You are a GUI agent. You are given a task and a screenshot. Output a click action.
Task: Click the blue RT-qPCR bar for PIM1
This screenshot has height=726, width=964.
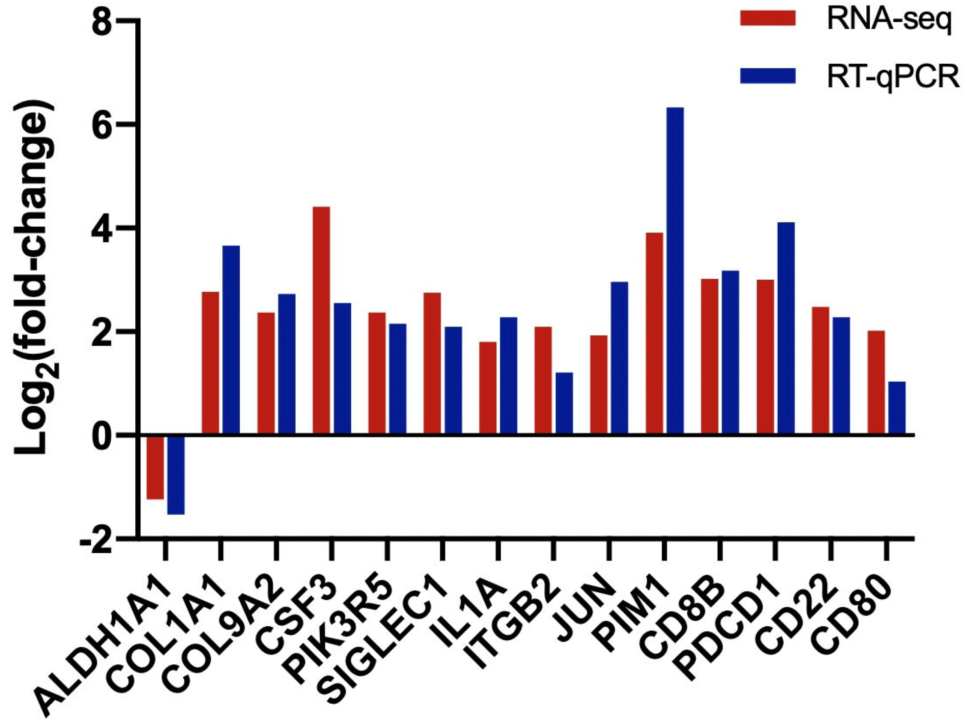[x=675, y=270]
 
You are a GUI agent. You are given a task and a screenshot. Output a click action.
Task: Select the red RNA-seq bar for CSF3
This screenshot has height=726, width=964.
[x=321, y=320]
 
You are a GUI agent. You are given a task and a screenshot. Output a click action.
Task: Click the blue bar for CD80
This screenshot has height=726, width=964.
[x=897, y=408]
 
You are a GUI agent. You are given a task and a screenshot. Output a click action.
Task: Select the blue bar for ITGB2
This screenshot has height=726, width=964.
[x=564, y=403]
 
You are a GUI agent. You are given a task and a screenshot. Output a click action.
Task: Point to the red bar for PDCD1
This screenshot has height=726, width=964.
[x=765, y=357]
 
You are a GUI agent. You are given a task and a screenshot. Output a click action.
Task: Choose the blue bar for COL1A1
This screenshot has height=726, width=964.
[x=231, y=340]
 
